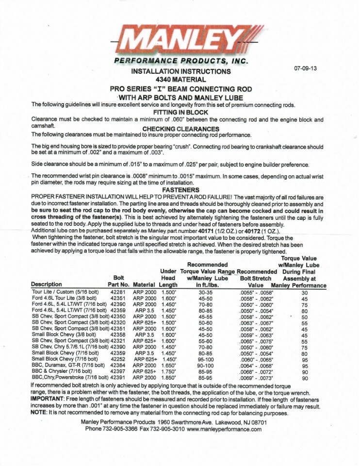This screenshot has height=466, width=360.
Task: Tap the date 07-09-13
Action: (305, 68)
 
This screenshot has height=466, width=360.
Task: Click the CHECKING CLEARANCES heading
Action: (180, 129)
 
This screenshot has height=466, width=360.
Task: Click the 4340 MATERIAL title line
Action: (180, 79)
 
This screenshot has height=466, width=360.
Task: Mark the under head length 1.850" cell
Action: (168, 377)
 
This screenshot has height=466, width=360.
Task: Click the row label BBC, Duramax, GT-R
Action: (68, 365)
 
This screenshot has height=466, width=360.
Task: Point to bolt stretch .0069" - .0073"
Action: (256, 377)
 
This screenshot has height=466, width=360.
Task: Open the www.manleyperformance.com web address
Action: (224, 429)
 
